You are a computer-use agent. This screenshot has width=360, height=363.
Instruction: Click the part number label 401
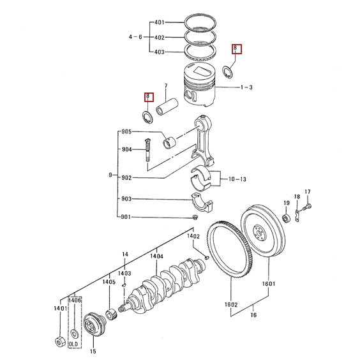point(160,22)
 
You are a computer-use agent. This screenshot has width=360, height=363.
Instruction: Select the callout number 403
point(160,52)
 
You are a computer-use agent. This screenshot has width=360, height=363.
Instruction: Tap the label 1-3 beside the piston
point(246,87)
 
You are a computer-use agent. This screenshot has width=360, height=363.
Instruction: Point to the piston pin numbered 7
point(167,107)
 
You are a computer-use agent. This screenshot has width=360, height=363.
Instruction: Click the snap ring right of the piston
point(227,72)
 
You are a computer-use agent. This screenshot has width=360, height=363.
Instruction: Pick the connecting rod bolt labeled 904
point(147,150)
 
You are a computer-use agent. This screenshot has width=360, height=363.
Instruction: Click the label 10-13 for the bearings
point(237,179)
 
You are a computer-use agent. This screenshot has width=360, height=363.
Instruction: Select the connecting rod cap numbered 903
point(202,202)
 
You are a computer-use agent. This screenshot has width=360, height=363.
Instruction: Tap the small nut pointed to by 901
point(195,217)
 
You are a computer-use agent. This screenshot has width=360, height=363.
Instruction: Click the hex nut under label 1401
point(60,342)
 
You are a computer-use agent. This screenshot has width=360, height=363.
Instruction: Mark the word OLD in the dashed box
point(73,344)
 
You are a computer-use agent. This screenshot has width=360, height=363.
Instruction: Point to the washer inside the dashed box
point(75,334)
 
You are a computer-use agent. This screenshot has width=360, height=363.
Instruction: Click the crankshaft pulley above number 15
point(94,323)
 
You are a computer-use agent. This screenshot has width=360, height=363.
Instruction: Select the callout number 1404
point(156,256)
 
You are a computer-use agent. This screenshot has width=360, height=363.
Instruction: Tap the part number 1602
point(231,304)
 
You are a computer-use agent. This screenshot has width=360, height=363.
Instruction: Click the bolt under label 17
point(307,207)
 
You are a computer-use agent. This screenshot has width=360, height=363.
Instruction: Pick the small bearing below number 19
point(287,219)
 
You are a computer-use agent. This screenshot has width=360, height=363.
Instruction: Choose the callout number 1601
point(269,284)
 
